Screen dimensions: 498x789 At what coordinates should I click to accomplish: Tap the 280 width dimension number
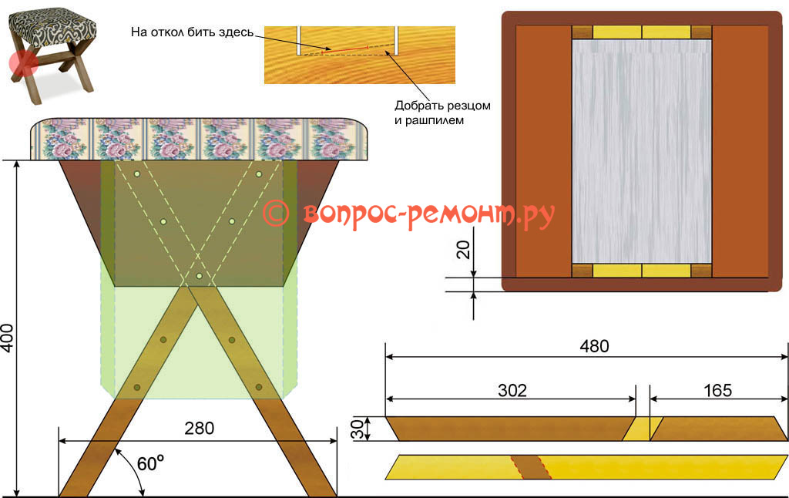(x=199, y=427)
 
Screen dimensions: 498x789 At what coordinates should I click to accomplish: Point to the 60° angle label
(x=150, y=464)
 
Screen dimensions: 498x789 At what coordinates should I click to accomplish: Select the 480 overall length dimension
(x=593, y=346)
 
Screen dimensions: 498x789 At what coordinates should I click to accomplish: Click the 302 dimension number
(x=512, y=390)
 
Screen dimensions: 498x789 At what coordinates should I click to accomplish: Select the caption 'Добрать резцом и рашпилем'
(x=442, y=113)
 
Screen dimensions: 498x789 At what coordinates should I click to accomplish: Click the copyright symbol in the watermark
(x=276, y=214)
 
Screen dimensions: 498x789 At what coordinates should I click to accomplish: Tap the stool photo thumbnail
(x=50, y=52)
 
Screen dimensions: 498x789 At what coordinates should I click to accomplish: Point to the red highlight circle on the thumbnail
(x=23, y=64)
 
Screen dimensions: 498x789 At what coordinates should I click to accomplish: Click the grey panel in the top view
(x=640, y=150)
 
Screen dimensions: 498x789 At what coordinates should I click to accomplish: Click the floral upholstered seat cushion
(x=201, y=140)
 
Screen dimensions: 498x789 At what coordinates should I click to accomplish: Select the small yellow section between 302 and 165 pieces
(x=637, y=429)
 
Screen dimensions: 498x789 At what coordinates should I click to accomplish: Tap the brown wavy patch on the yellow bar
(x=532, y=466)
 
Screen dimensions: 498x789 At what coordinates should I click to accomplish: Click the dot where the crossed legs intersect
(x=199, y=275)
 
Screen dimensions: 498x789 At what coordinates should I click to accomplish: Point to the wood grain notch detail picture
(x=359, y=54)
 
